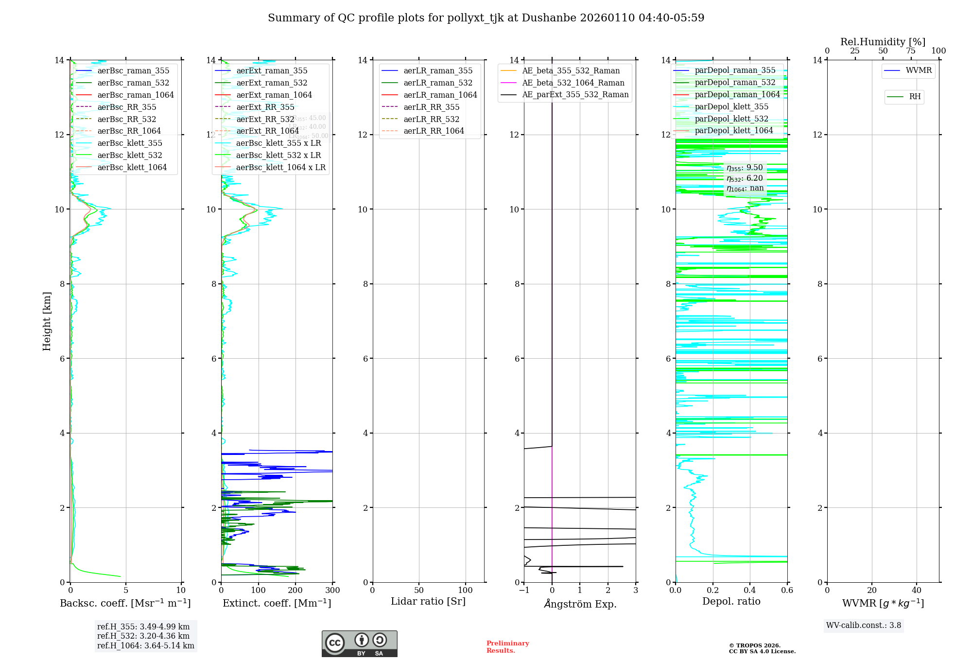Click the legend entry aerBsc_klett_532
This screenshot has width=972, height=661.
tap(130, 156)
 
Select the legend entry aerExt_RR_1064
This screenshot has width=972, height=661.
tap(267, 131)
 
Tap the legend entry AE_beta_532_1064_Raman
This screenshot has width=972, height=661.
tap(573, 83)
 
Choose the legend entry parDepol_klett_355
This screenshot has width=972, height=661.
tap(731, 107)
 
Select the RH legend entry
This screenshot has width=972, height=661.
tap(915, 97)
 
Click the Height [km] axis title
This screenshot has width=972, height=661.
tap(47, 321)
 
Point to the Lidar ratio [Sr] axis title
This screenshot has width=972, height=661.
tap(428, 602)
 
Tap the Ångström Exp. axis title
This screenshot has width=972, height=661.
tap(580, 604)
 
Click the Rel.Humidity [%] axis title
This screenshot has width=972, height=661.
tap(883, 42)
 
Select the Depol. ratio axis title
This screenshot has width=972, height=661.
tap(731, 602)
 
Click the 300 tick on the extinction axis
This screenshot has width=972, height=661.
tap(333, 591)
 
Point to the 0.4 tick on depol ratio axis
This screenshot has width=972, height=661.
tap(750, 591)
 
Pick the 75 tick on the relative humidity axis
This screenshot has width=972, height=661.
tap(911, 51)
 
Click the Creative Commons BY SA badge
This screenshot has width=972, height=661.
tap(359, 644)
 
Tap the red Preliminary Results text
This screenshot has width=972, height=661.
tap(507, 647)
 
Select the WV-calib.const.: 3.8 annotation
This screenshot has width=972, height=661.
tap(864, 626)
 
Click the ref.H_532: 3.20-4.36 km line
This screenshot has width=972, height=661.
tap(143, 636)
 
